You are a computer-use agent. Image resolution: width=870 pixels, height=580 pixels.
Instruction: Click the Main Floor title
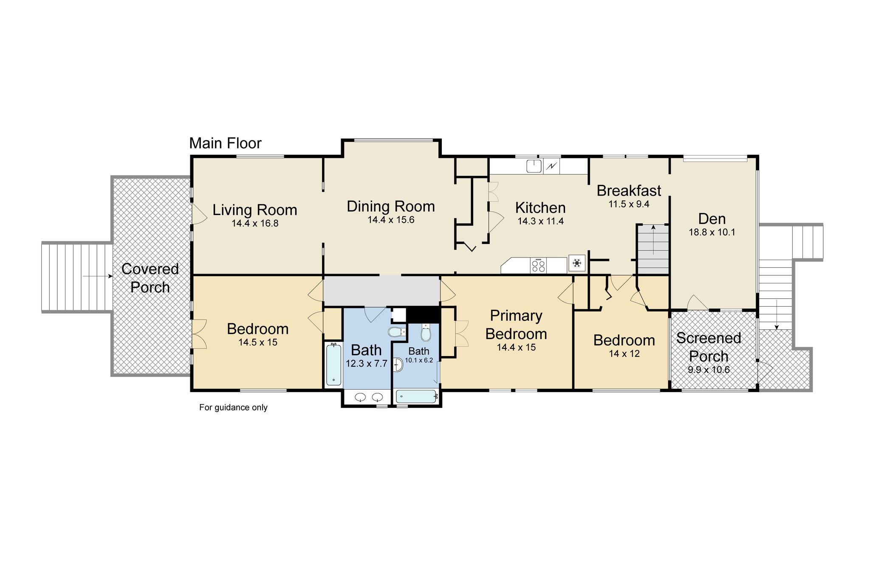coord(225,144)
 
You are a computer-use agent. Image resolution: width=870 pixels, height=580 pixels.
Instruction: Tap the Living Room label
coord(254,210)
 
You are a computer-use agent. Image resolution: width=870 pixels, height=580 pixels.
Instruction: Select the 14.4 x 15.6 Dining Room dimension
coord(391,220)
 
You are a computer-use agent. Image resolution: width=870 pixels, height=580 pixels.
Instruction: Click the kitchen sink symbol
coord(534,166)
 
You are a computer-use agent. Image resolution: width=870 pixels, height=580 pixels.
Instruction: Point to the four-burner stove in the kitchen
coord(539,266)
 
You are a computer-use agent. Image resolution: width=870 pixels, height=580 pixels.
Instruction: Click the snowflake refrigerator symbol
coord(577,263)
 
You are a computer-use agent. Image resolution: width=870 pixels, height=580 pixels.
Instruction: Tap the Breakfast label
coord(629,191)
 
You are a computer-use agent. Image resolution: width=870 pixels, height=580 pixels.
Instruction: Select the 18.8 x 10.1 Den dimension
coord(712,232)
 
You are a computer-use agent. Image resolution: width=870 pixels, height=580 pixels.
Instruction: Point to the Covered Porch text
coord(150,278)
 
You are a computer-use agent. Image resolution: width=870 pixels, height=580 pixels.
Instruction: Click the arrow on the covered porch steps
coord(98,276)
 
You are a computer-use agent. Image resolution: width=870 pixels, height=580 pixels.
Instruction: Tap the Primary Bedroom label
coord(516,325)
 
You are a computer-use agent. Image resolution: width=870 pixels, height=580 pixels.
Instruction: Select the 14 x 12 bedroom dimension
coord(624,354)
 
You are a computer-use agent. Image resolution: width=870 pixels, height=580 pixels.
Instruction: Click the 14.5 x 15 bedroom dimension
coord(258,342)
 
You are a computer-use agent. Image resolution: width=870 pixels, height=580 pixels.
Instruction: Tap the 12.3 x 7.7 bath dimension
coord(366,364)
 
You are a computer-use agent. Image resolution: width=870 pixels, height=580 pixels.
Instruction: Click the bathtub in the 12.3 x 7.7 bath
coord(334,365)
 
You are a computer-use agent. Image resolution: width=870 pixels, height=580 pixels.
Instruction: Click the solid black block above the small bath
coord(423,314)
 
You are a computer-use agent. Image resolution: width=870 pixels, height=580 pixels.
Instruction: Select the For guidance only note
coord(233,407)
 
